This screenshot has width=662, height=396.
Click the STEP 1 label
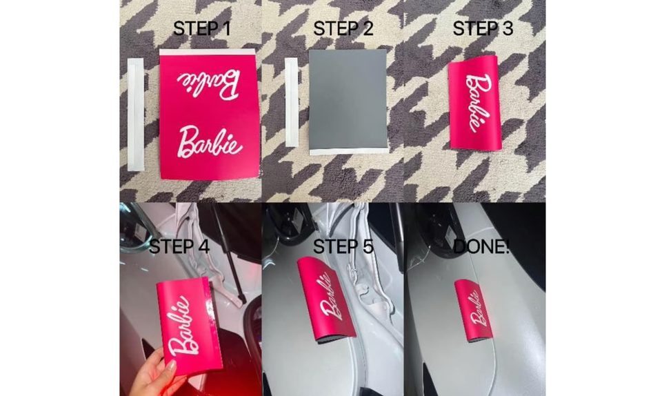(201, 29)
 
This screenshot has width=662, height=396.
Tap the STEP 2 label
(343, 29)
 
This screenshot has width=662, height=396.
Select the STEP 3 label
(483, 29)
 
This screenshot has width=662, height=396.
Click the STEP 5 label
(343, 246)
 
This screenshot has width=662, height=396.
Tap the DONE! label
(481, 246)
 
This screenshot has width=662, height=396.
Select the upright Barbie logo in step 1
(209, 141)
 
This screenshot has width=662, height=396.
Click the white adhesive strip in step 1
(135, 114)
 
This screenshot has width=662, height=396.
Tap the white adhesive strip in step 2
(292, 102)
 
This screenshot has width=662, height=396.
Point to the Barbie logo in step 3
(479, 103)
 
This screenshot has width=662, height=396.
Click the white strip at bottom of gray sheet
(348, 150)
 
